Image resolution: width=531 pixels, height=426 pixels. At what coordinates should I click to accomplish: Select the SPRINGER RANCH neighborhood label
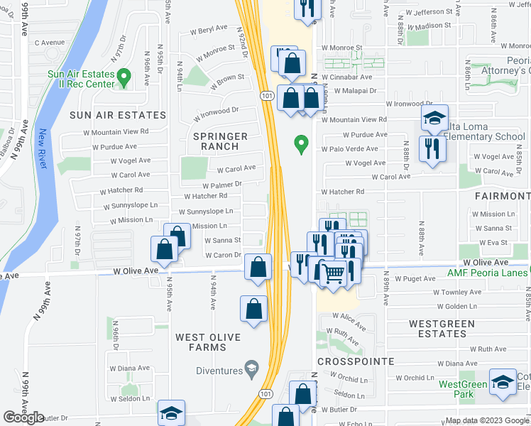click(219, 142)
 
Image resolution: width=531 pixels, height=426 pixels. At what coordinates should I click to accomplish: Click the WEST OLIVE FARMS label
click(209, 342)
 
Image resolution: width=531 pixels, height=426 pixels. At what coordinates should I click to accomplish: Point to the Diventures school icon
click(251, 367)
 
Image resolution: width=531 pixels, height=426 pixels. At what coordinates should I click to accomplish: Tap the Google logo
click(23, 417)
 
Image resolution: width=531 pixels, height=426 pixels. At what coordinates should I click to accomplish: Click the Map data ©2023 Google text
click(486, 420)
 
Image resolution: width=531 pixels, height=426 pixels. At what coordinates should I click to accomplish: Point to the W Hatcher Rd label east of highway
click(342, 192)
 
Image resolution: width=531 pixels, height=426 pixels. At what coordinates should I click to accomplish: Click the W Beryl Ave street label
click(209, 30)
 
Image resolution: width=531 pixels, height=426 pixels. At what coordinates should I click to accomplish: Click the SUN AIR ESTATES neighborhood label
click(118, 114)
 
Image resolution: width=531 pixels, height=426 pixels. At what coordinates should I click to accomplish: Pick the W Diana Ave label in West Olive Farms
click(129, 368)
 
